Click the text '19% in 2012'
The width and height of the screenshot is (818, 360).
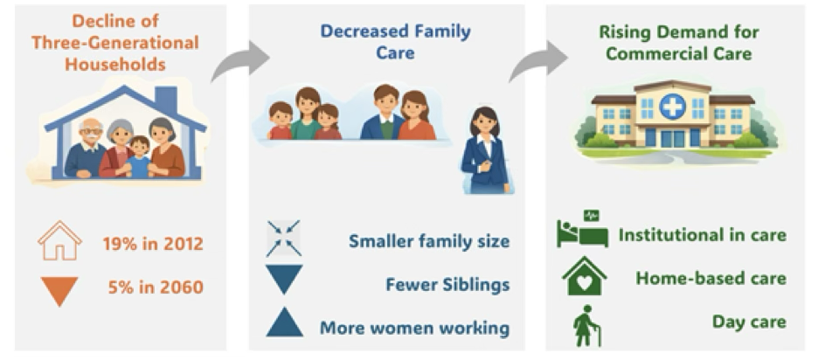click(x=152, y=244)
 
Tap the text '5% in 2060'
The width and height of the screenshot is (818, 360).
click(x=156, y=287)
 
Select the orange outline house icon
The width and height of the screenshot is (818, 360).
click(x=59, y=240)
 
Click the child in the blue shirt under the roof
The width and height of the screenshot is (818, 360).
click(x=138, y=157)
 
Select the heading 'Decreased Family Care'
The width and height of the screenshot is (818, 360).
click(x=395, y=42)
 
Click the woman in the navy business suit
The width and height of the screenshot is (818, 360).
click(x=485, y=150)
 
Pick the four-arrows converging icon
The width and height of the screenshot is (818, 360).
click(x=284, y=239)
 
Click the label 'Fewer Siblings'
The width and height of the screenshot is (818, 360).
click(x=447, y=285)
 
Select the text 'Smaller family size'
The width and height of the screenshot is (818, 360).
click(x=429, y=241)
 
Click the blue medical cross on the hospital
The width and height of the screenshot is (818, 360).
click(x=672, y=107)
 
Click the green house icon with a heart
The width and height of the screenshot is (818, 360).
click(x=585, y=275)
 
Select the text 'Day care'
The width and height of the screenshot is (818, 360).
click(x=749, y=322)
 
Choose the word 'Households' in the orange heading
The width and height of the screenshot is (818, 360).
click(x=115, y=64)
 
